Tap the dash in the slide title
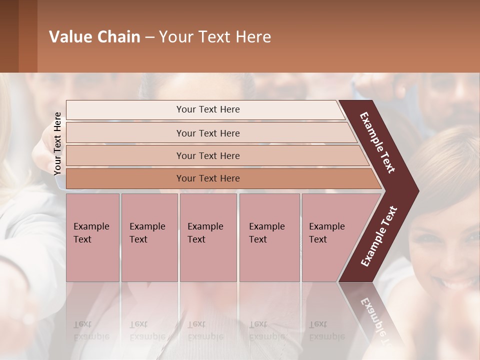(149, 37)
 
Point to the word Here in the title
(253, 37)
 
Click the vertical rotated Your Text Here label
(58, 143)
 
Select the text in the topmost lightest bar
(208, 109)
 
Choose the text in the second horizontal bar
(208, 133)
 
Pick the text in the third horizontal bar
(208, 156)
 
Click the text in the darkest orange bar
(208, 178)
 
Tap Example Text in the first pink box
(91, 233)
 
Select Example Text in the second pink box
(147, 233)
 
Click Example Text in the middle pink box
(205, 233)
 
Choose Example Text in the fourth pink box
(266, 233)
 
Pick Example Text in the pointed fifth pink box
(326, 233)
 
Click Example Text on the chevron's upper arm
(377, 142)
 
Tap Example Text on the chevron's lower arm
(379, 236)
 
